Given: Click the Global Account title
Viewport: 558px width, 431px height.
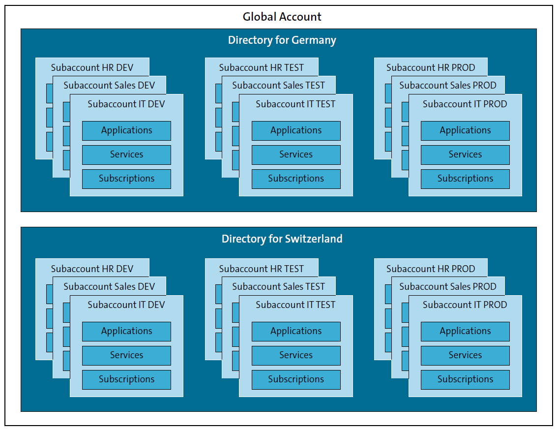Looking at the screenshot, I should pos(282,17).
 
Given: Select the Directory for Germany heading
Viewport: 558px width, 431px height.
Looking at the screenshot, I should pos(282,40).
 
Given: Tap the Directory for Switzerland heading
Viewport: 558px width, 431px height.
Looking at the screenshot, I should pos(282,239).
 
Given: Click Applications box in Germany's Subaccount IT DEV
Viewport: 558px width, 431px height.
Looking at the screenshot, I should pos(126,130).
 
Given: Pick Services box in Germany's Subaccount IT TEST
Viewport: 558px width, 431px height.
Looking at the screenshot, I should pos(296,154).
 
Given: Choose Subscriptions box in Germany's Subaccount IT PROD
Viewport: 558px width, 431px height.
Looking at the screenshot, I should pos(465,179).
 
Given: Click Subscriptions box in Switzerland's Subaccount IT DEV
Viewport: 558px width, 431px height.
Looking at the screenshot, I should pos(126,379).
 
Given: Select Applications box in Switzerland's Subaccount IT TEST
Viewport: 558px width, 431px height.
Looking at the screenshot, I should pos(296,331).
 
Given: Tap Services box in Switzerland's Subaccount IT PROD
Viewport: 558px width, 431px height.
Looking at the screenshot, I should pos(465,355).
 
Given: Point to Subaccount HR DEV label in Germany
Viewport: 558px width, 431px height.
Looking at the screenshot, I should pos(92,67).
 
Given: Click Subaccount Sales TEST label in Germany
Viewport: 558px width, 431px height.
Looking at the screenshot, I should pos(278,85).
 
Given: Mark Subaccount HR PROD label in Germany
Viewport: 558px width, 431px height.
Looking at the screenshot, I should pos(431,67).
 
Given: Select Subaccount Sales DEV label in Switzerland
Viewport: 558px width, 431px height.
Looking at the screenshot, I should pos(109,286).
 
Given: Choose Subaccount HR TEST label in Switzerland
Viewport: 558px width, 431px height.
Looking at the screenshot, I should pos(262,269).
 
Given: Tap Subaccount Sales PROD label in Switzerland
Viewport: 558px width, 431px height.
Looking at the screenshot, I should pos(448,286).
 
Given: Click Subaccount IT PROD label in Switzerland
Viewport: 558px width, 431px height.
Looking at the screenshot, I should pos(465,305).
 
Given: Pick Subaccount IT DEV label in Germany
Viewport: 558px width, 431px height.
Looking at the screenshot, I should pos(126,104).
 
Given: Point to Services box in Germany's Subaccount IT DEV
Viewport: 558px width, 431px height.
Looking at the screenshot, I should pos(126,154).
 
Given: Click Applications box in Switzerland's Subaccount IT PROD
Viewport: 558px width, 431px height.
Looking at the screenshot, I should pos(465,331).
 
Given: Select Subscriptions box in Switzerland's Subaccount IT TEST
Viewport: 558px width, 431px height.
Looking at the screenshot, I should pos(296,379).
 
